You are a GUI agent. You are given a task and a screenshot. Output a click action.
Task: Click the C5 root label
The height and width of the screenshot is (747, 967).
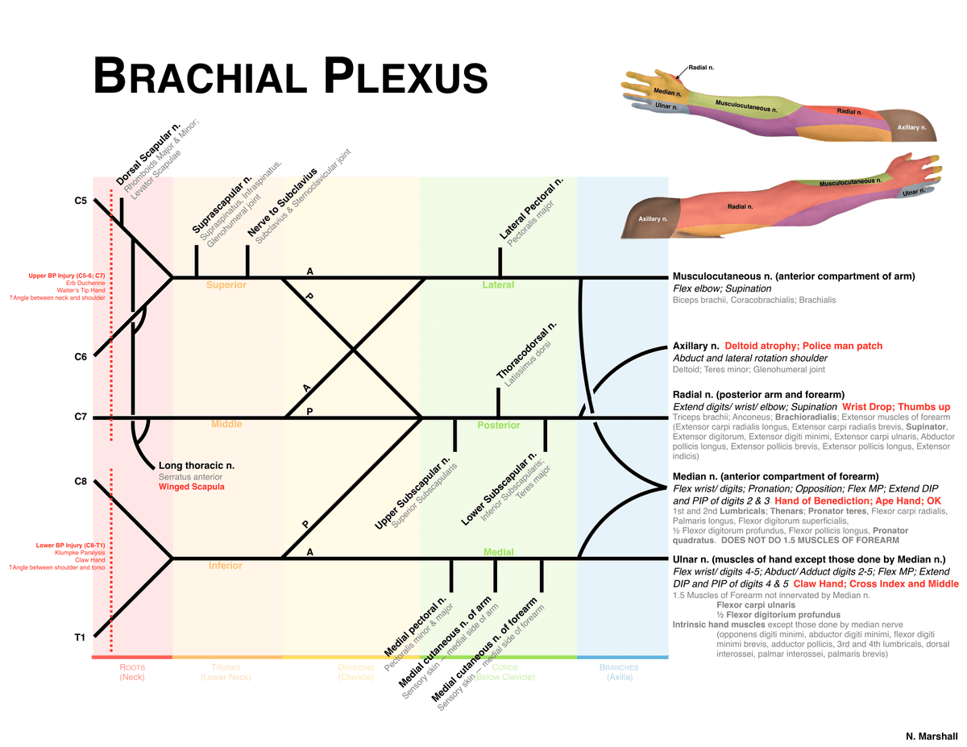tap(81, 201)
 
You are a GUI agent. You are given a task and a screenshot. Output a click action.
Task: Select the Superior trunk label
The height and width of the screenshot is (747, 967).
tap(226, 285)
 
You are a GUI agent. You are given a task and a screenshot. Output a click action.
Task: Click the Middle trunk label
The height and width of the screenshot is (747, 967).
tap(226, 424)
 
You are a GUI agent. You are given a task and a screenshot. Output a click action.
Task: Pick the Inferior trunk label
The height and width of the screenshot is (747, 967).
tap(225, 566)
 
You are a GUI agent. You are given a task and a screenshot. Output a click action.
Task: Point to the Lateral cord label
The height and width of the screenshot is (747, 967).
tap(497, 285)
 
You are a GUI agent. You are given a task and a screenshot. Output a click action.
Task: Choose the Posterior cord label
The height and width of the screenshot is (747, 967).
tap(498, 425)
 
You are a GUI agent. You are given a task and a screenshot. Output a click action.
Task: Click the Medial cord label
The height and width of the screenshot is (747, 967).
tap(498, 552)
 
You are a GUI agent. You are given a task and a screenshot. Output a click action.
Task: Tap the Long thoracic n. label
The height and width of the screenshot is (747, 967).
tap(196, 466)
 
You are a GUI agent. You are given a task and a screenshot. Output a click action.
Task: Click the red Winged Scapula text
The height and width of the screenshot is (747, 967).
tap(191, 488)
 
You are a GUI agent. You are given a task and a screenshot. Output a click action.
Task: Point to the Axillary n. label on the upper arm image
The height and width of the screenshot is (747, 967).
tap(911, 127)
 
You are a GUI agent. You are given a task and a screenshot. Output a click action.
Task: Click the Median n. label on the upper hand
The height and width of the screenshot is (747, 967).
tap(667, 93)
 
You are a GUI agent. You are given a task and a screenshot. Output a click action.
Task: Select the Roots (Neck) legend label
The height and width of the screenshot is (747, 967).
tap(132, 673)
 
